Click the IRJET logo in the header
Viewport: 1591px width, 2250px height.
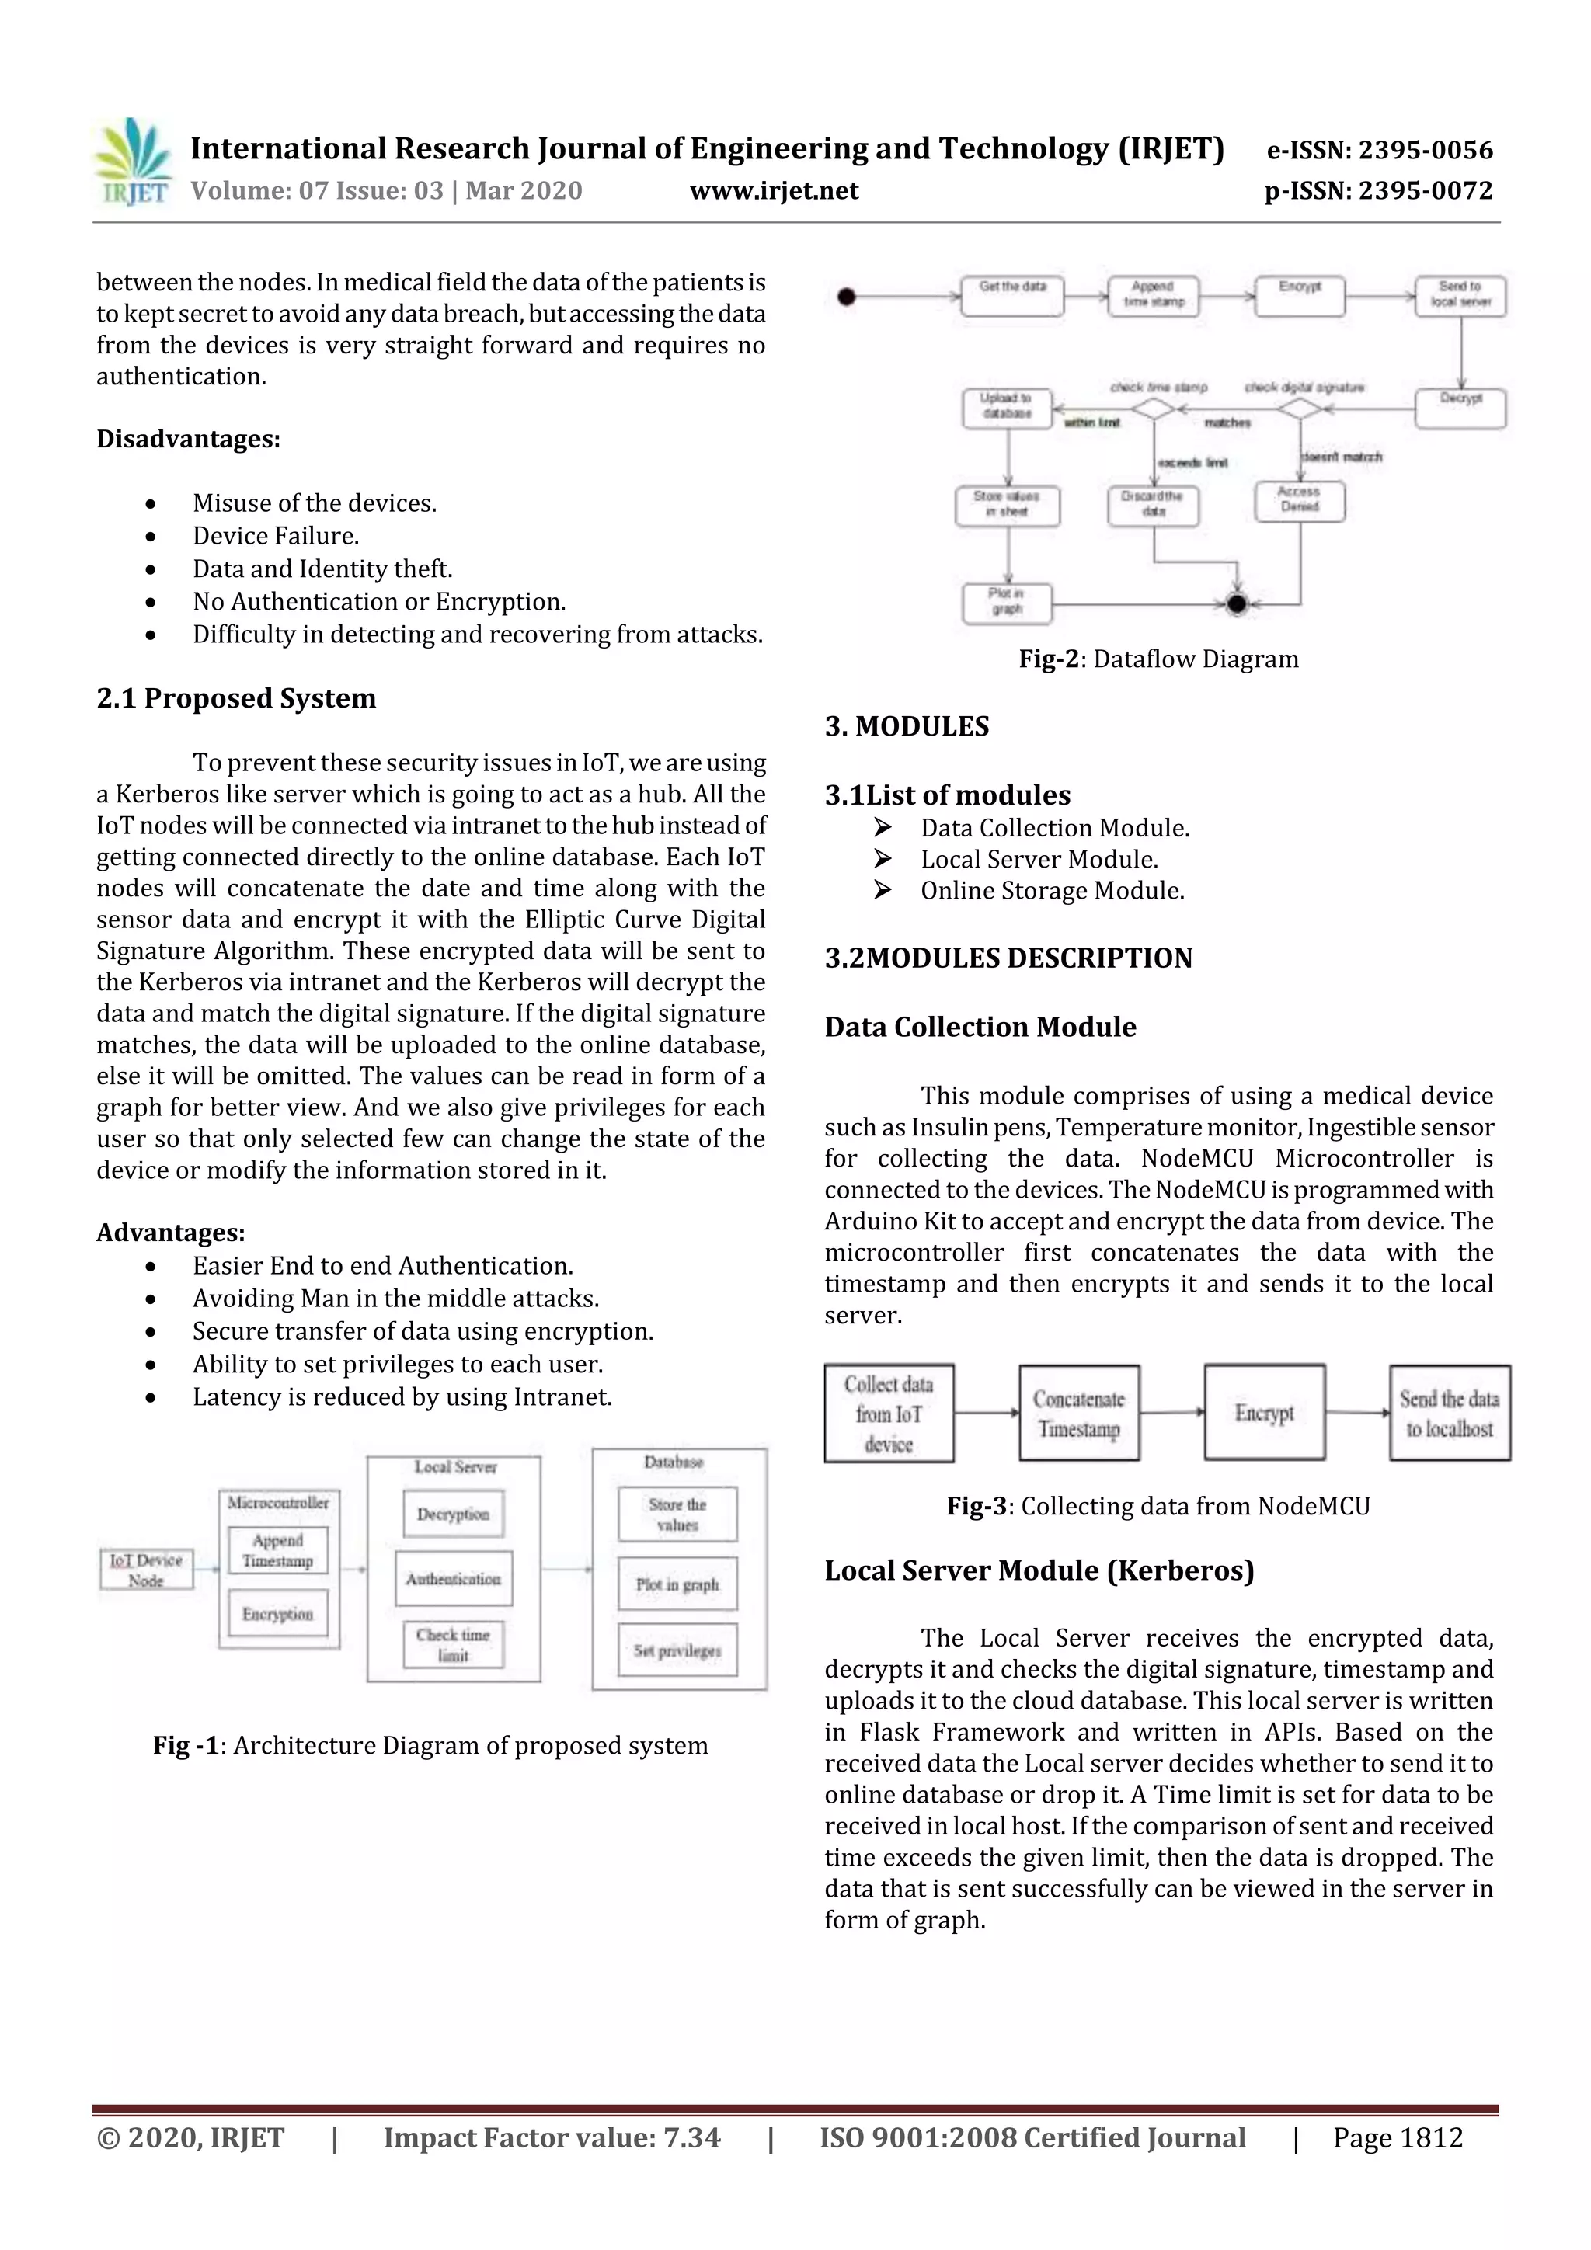pyautogui.click(x=131, y=162)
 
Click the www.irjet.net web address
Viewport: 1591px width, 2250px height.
pyautogui.click(x=774, y=191)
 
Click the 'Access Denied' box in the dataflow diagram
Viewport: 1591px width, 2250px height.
pyautogui.click(x=1299, y=502)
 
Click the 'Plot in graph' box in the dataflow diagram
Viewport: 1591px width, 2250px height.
pyautogui.click(x=1007, y=603)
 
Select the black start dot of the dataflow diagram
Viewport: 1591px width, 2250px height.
pyautogui.click(x=847, y=296)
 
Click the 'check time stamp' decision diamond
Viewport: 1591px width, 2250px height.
pyautogui.click(x=1154, y=409)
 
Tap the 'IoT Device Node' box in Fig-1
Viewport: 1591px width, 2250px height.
pyautogui.click(x=146, y=1569)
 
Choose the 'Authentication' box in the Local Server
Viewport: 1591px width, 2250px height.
pyautogui.click(x=453, y=1579)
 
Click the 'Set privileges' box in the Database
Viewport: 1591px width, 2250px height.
pyautogui.click(x=677, y=1650)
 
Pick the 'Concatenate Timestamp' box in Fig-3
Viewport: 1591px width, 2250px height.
pyautogui.click(x=1078, y=1413)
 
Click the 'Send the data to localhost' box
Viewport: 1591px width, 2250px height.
pyautogui.click(x=1449, y=1413)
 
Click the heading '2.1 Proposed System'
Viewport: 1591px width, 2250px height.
pyautogui.click(x=236, y=699)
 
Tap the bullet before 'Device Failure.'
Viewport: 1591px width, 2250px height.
pyautogui.click(x=150, y=537)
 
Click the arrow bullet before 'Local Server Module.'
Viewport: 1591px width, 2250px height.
pyautogui.click(x=883, y=860)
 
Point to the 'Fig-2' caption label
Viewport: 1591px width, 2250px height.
pyautogui.click(x=1048, y=659)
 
